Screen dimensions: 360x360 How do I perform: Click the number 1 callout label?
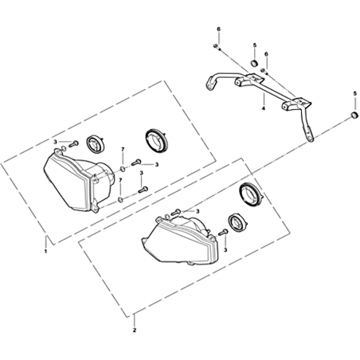click(x=45, y=251)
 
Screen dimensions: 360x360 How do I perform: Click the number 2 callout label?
click(x=135, y=331)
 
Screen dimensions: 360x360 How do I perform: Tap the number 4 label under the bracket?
click(x=264, y=108)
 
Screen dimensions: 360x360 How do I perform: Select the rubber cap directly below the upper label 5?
click(x=255, y=64)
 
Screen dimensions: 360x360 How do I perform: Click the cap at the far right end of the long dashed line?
click(x=354, y=115)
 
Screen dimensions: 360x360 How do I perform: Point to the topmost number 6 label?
click(x=219, y=29)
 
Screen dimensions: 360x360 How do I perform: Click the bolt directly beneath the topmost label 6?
click(x=217, y=47)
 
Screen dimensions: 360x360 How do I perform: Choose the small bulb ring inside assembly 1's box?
click(x=96, y=143)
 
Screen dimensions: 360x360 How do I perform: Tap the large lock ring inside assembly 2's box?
click(x=251, y=194)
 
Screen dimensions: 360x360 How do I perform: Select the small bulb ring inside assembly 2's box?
click(x=237, y=223)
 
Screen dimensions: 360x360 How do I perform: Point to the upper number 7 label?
click(x=123, y=150)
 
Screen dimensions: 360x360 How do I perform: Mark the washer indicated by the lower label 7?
click(x=120, y=200)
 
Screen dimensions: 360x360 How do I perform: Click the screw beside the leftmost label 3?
click(x=73, y=144)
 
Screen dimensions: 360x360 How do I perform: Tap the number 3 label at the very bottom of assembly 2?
click(x=225, y=250)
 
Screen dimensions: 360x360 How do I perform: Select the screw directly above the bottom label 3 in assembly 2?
click(x=223, y=233)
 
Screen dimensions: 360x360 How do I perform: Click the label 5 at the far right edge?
click(x=355, y=93)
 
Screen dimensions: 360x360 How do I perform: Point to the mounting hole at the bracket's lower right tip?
click(x=309, y=136)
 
